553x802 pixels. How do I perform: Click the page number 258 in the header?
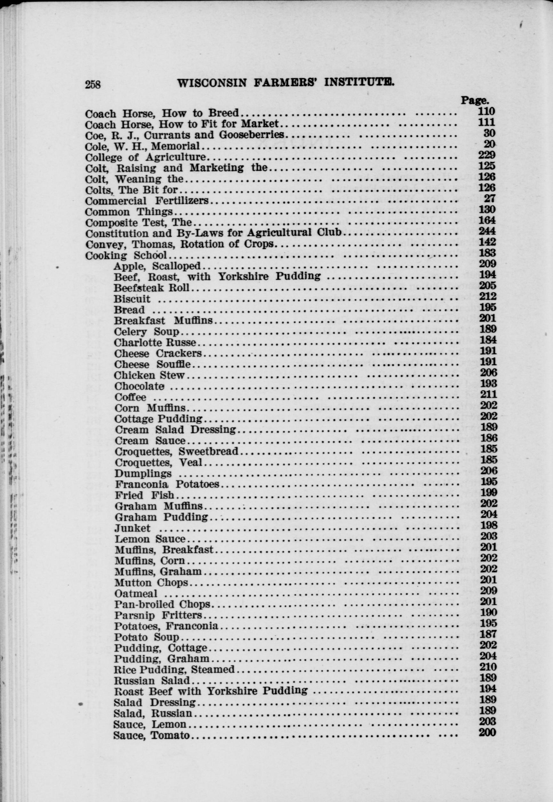pyautogui.click(x=93, y=84)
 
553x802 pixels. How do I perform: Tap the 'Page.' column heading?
pyautogui.click(x=474, y=100)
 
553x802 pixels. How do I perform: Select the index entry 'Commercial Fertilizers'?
pyautogui.click(x=147, y=201)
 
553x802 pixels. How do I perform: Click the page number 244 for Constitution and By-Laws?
pyautogui.click(x=487, y=231)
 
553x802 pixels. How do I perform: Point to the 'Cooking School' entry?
pyautogui.click(x=126, y=256)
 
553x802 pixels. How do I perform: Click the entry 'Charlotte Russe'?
pyautogui.click(x=155, y=343)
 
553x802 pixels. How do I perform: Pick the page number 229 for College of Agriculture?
pyautogui.click(x=487, y=154)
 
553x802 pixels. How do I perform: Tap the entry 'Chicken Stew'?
pyautogui.click(x=149, y=375)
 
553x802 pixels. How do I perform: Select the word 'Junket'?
pyautogui.click(x=133, y=528)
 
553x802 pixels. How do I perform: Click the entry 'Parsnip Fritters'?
pyautogui.click(x=158, y=615)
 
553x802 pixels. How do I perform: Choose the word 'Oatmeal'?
pyautogui.click(x=136, y=593)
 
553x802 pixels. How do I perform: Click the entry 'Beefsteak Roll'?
pyautogui.click(x=152, y=288)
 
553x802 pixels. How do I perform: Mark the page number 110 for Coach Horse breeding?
pyautogui.click(x=486, y=111)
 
